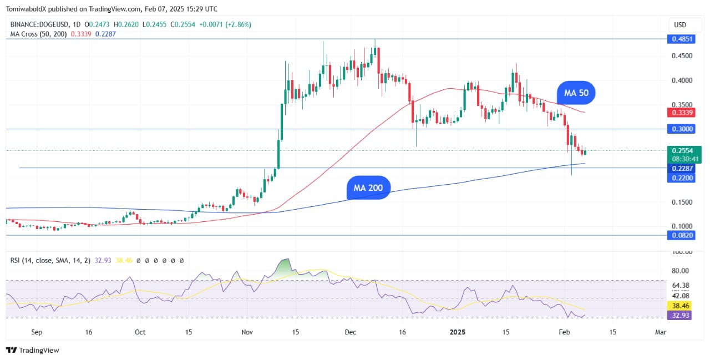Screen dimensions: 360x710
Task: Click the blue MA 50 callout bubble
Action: pos(576,93)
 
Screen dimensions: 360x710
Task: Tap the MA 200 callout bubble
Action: pos(368,188)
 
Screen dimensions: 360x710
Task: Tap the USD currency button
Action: pos(680,24)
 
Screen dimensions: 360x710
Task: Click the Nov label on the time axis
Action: pos(247,332)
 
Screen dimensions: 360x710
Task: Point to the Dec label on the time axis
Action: pos(349,332)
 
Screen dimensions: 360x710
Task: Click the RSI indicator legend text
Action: pos(50,260)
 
